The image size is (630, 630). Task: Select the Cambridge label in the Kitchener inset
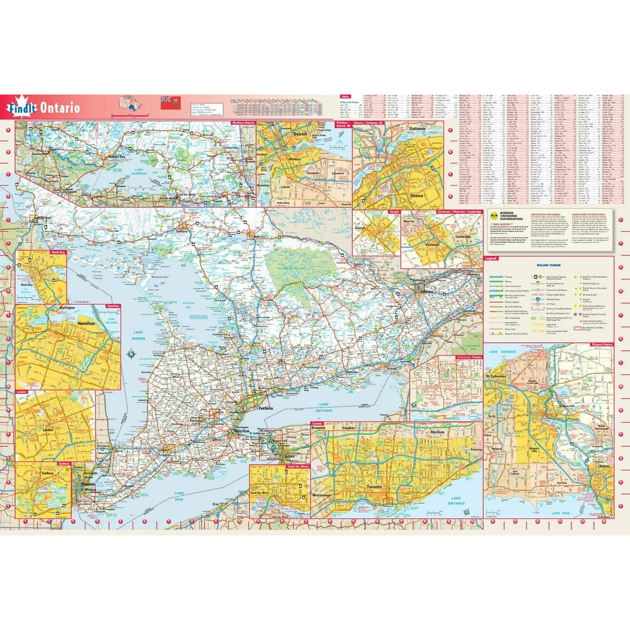463,237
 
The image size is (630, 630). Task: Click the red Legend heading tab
490,259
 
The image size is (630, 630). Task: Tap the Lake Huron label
138,335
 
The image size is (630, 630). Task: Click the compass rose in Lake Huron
131,353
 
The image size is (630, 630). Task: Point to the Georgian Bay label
189,305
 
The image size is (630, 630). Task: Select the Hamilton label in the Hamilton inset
86,324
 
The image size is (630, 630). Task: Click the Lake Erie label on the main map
179,497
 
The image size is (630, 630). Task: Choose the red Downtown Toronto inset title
469,358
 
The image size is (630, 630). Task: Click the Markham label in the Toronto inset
437,432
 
